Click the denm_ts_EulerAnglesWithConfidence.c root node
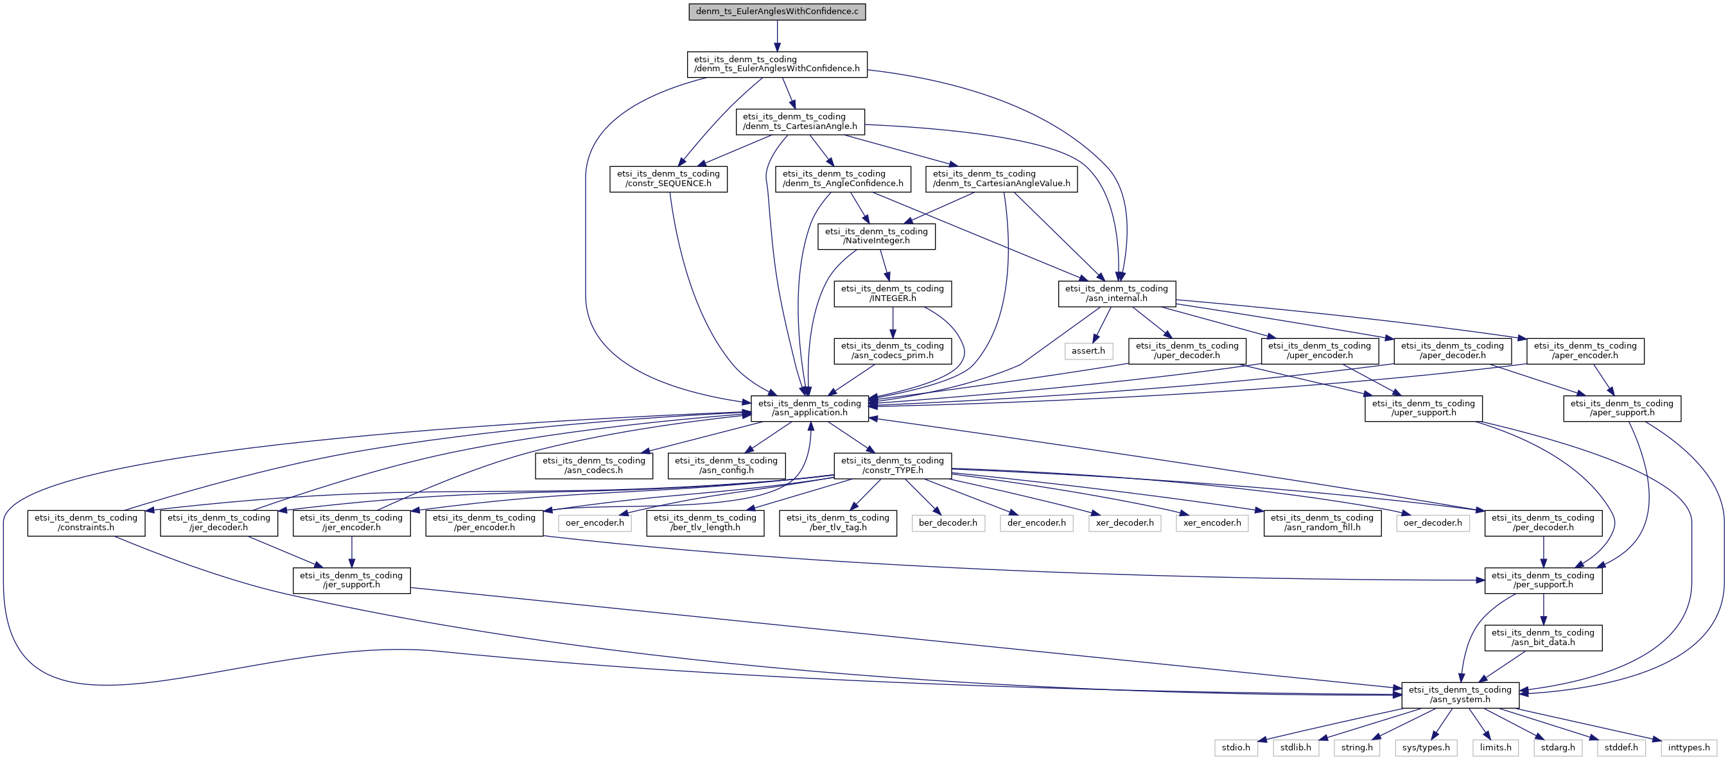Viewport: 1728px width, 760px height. click(777, 12)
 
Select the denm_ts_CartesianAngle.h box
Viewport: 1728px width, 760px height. click(799, 121)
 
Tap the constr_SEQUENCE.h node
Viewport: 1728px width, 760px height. click(668, 178)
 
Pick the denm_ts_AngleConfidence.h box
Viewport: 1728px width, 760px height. click(842, 178)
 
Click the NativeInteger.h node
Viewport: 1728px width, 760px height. click(876, 236)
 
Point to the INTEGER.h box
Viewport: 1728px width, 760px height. click(892, 293)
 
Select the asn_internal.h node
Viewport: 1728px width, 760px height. click(1116, 293)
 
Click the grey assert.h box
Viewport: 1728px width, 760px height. click(1088, 351)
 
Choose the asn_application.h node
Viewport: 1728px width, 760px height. click(809, 408)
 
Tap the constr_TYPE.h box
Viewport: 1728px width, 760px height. click(892, 465)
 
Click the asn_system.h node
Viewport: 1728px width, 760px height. click(1460, 695)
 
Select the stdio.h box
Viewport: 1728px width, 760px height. click(1235, 747)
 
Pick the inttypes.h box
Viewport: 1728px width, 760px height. click(1688, 747)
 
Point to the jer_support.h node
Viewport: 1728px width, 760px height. click(351, 580)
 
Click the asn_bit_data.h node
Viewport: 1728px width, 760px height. click(1543, 637)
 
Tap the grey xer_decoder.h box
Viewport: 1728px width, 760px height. click(1124, 522)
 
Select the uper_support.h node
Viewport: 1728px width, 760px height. click(1423, 408)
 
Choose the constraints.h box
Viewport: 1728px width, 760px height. click(86, 522)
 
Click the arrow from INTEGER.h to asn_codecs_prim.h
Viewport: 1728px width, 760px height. click(892, 323)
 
